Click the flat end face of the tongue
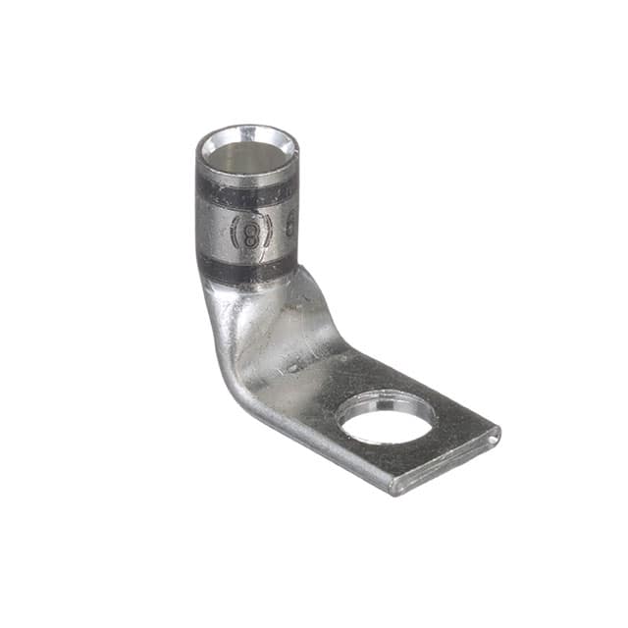tap(446, 461)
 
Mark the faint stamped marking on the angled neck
tap(294, 364)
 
